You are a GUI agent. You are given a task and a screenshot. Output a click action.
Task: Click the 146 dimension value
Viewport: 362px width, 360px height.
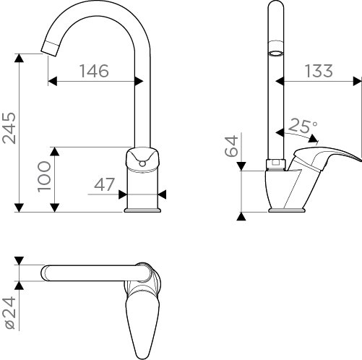tap(94, 71)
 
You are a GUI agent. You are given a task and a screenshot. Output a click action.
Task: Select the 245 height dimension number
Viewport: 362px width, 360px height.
tap(9, 128)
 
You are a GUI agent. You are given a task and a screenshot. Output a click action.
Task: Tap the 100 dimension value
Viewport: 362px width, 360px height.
tap(44, 176)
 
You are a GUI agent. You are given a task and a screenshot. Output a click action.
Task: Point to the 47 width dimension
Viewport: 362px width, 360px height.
tap(104, 185)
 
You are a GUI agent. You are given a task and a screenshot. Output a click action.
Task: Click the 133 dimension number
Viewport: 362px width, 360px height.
tap(319, 71)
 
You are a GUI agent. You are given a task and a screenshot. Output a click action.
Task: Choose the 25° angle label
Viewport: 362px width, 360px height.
tap(303, 126)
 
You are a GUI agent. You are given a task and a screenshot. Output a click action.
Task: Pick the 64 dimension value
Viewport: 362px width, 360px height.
tap(231, 146)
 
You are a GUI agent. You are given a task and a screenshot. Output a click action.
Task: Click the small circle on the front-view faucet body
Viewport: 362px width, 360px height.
tap(142, 164)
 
